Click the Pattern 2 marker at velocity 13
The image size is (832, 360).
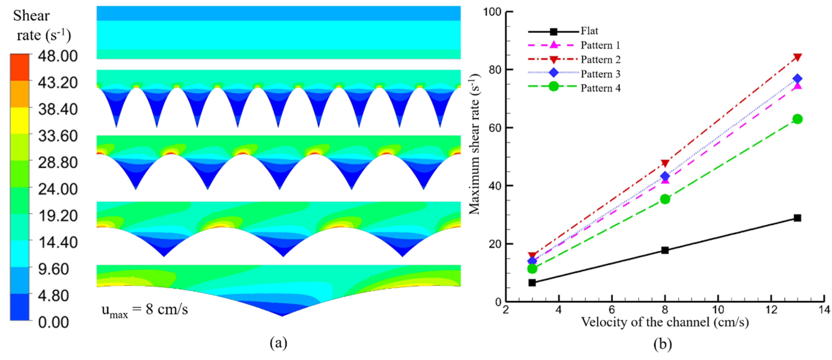tap(797, 57)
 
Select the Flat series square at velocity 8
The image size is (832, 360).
tap(665, 250)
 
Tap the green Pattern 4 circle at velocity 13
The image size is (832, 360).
tap(797, 119)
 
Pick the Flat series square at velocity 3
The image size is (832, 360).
tap(532, 283)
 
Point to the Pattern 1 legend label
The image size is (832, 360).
tap(600, 45)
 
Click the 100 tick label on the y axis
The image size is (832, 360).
tap(492, 12)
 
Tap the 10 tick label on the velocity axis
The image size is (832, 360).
tap(718, 310)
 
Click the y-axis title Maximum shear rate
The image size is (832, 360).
tap(474, 144)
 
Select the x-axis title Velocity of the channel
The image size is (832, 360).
tap(665, 322)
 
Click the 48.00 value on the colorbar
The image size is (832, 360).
tap(57, 56)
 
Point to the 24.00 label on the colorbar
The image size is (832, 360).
tap(57, 189)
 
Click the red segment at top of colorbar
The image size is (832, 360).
tap(19, 67)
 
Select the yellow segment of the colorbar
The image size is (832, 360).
tap(19, 120)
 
